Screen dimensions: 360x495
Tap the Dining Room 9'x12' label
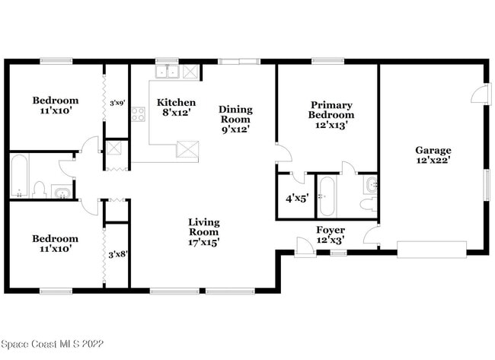pyautogui.click(x=235, y=119)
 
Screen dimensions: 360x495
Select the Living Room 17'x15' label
pyautogui.click(x=204, y=232)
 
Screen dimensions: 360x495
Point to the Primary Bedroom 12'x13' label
pyautogui.click(x=331, y=115)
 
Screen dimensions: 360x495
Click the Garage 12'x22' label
pyautogui.click(x=433, y=155)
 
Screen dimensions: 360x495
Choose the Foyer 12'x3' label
pyautogui.click(x=330, y=234)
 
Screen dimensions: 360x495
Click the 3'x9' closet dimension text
pyautogui.click(x=117, y=103)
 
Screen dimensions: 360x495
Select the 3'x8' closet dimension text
pyautogui.click(x=117, y=254)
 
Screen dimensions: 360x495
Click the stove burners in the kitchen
pyautogui.click(x=138, y=115)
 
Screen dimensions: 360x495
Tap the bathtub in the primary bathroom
pyautogui.click(x=326, y=196)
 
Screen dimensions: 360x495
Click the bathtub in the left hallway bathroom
pyautogui.click(x=20, y=177)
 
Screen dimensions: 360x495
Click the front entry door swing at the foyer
pyautogui.click(x=303, y=245)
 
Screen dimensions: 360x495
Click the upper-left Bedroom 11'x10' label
pyautogui.click(x=55, y=106)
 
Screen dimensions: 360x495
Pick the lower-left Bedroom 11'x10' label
pyautogui.click(x=55, y=244)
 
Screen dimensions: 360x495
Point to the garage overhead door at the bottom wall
pyautogui.click(x=432, y=250)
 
